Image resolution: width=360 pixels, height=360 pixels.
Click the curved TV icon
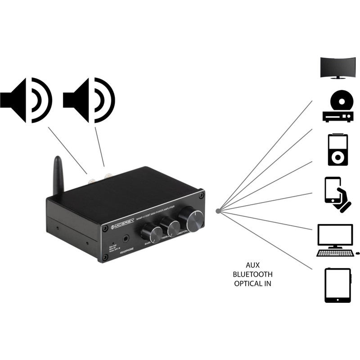[338, 67]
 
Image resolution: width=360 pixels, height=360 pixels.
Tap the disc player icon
[337, 106]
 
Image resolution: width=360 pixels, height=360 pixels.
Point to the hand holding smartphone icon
[337, 194]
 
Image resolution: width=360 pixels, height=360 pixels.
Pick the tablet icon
[337, 285]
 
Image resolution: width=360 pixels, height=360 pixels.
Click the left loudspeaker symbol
[27, 100]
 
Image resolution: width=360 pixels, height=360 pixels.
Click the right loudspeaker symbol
[90, 100]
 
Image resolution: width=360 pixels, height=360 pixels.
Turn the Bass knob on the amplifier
[152, 233]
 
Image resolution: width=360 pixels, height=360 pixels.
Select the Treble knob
[171, 225]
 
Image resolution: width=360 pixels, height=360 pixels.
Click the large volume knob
[192, 219]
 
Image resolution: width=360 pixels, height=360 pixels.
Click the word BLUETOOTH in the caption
[253, 274]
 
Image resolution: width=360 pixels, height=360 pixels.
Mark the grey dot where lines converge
[218, 211]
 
